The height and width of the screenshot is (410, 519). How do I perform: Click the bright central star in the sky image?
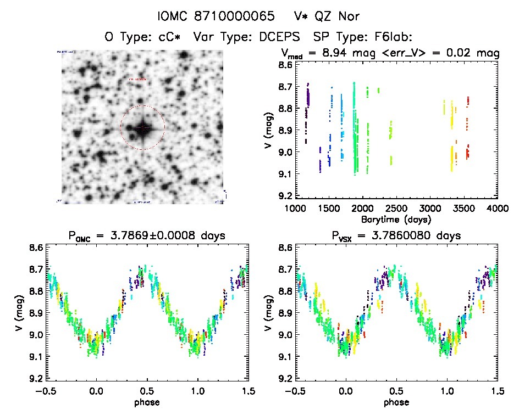pos(142,128)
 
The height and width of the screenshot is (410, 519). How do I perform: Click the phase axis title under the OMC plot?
pos(147,402)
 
